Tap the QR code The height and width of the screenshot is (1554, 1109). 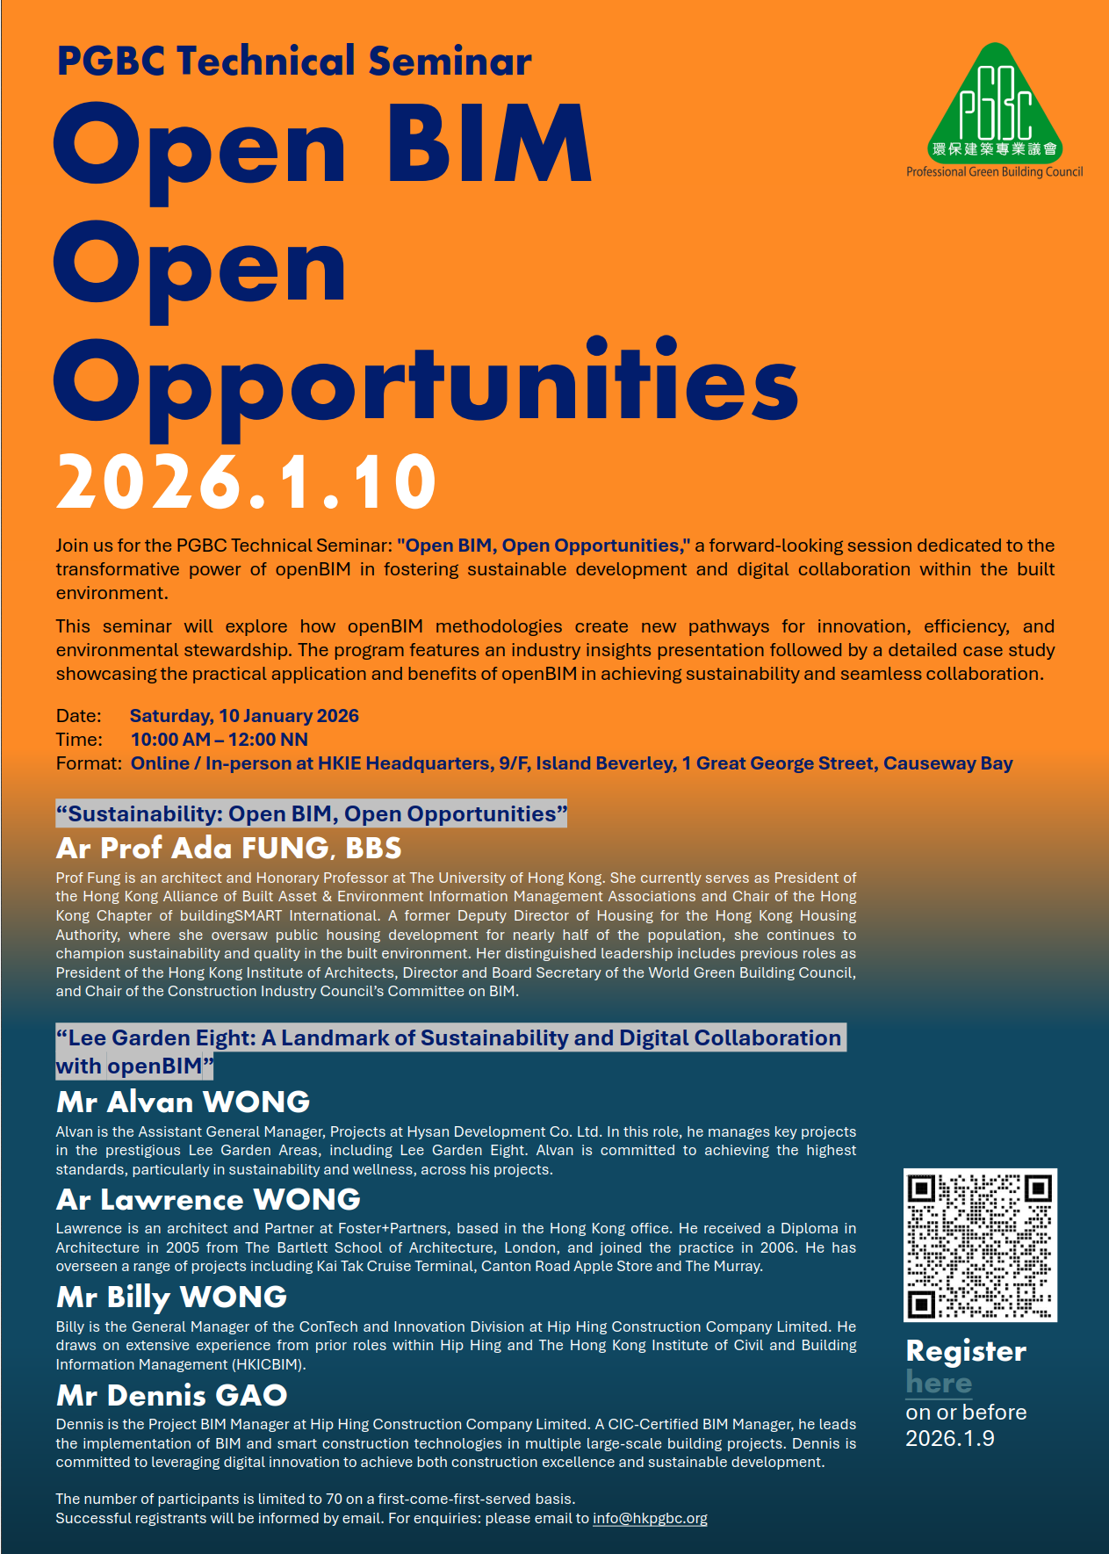(980, 1245)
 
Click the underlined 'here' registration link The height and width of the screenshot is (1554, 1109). (939, 1383)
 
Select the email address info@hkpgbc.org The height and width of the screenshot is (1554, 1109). (650, 1518)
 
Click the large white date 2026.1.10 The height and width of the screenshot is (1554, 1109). (247, 482)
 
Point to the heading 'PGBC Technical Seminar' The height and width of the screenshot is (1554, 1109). (294, 61)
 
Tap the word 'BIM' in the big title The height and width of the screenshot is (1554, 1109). (489, 145)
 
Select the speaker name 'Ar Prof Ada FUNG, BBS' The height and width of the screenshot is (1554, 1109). (229, 848)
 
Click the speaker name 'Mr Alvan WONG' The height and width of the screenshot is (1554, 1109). (184, 1102)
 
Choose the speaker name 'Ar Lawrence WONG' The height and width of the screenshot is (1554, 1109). (209, 1199)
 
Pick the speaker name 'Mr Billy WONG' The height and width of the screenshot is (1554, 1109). (172, 1297)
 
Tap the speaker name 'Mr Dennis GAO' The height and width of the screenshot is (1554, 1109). (172, 1395)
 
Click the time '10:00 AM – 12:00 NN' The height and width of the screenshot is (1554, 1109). (220, 740)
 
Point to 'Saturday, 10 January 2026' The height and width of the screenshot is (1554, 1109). (244, 716)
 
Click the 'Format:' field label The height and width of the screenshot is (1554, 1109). (89, 763)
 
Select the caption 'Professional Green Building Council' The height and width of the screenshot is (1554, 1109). (994, 172)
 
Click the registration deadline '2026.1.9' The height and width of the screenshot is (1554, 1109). (950, 1438)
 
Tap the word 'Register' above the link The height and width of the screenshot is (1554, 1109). (966, 1351)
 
